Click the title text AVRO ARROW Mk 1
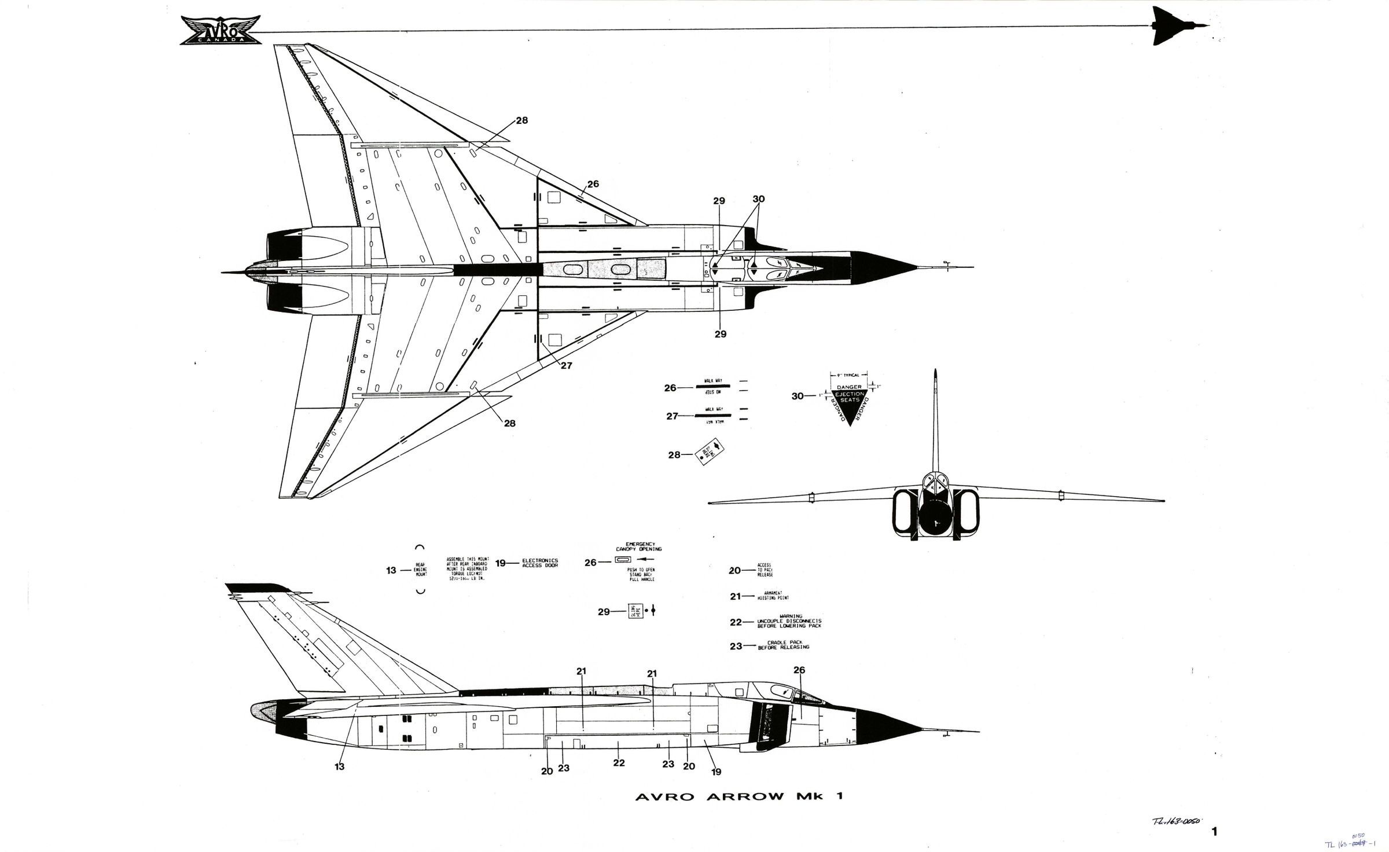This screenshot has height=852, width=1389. [739, 797]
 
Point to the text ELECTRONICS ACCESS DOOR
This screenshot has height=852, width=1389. [540, 563]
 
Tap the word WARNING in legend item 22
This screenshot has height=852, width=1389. [789, 616]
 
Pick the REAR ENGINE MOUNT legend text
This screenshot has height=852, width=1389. [421, 570]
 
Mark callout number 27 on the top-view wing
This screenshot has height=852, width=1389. [566, 366]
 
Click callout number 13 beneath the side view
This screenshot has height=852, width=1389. [339, 767]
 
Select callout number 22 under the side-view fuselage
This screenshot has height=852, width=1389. [619, 763]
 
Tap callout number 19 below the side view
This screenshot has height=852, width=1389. [716, 772]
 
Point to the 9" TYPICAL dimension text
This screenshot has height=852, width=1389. [849, 375]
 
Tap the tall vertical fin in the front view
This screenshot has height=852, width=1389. [935, 423]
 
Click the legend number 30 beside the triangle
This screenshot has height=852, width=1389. [798, 396]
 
